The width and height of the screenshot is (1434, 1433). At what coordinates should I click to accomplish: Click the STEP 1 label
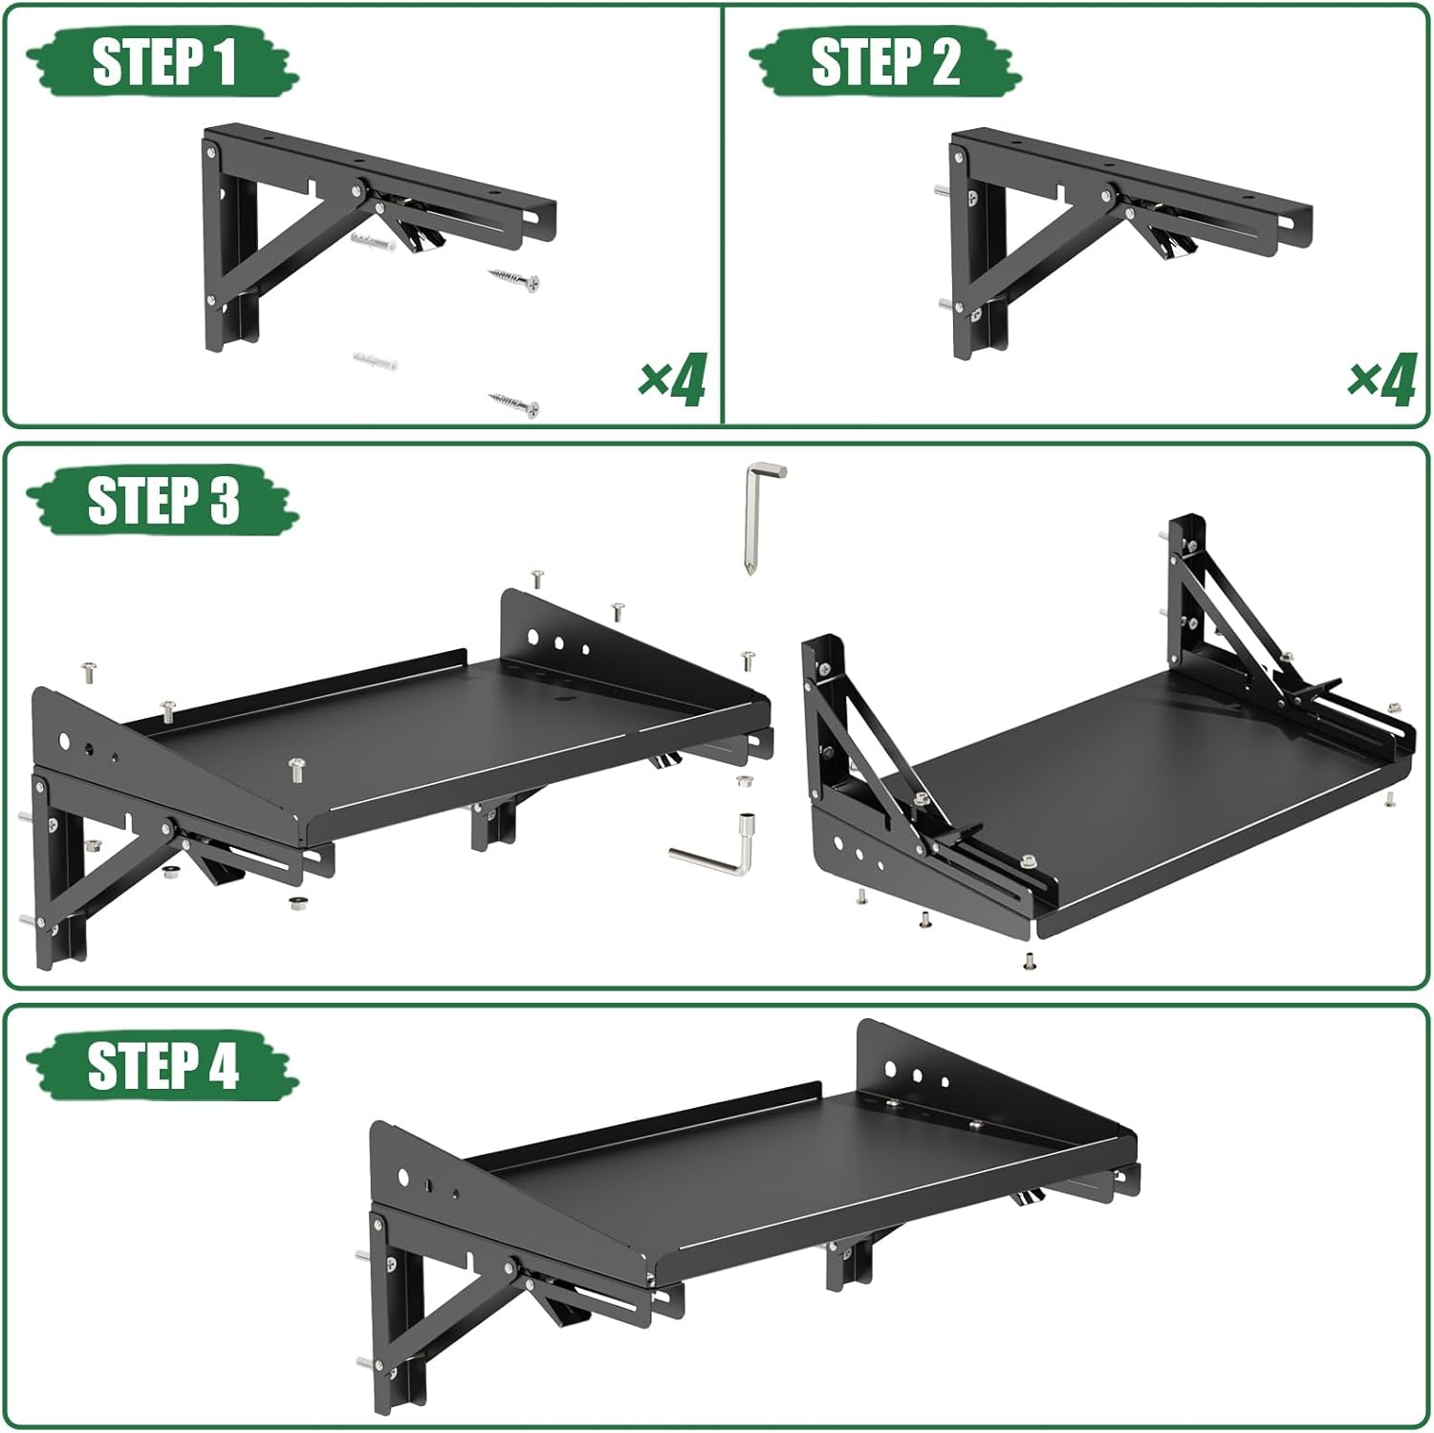[163, 62]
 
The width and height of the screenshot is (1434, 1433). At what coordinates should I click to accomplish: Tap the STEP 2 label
[884, 62]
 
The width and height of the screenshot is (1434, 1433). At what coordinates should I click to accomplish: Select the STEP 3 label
[163, 500]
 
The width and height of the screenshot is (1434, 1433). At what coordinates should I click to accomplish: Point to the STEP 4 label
[163, 1065]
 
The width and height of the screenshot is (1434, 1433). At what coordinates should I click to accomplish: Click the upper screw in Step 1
[514, 279]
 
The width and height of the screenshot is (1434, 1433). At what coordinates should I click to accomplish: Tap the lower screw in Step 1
[514, 404]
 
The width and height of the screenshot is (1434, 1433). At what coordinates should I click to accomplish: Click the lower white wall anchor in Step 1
[375, 362]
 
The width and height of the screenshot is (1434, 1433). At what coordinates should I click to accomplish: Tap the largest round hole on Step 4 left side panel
[403, 1177]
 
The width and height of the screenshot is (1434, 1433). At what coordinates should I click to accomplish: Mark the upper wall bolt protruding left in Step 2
[943, 192]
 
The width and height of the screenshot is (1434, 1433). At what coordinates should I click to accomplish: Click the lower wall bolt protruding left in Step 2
[945, 306]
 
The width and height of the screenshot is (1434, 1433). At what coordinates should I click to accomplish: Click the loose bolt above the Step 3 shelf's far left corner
[90, 672]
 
